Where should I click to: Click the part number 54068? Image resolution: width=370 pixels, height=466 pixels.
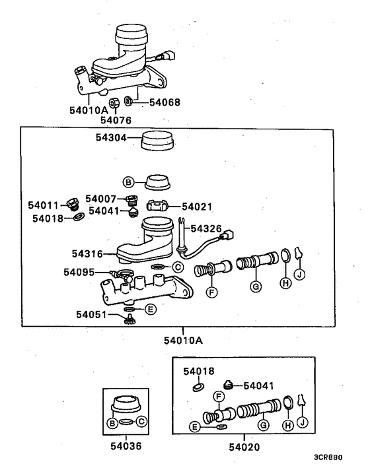click(x=164, y=102)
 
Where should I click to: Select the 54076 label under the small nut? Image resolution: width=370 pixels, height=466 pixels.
click(x=116, y=120)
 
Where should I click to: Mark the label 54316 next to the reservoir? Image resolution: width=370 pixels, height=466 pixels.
click(x=88, y=252)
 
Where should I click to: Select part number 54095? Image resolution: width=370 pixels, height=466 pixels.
click(x=80, y=271)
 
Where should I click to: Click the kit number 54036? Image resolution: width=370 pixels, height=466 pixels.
click(x=125, y=446)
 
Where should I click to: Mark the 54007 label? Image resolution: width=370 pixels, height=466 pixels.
click(x=102, y=199)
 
